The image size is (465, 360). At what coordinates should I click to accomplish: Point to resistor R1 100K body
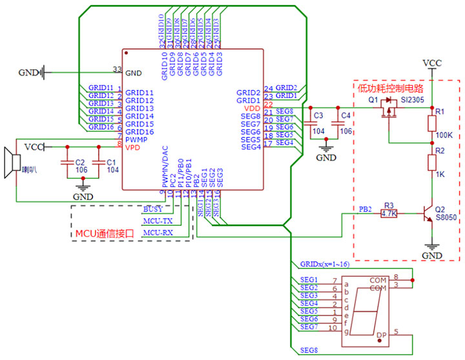click(x=433, y=122)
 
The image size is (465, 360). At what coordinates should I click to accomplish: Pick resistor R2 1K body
click(x=433, y=161)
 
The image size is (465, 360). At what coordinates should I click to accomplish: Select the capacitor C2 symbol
click(x=65, y=163)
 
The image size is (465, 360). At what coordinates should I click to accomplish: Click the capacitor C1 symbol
click(x=98, y=163)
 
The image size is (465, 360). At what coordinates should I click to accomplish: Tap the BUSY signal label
click(x=152, y=210)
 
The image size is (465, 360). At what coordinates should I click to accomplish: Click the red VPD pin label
click(x=132, y=146)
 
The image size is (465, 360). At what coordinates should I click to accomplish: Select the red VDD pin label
click(x=252, y=108)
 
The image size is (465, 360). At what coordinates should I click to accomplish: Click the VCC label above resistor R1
click(x=432, y=63)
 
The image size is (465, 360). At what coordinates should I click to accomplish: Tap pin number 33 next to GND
click(x=117, y=69)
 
